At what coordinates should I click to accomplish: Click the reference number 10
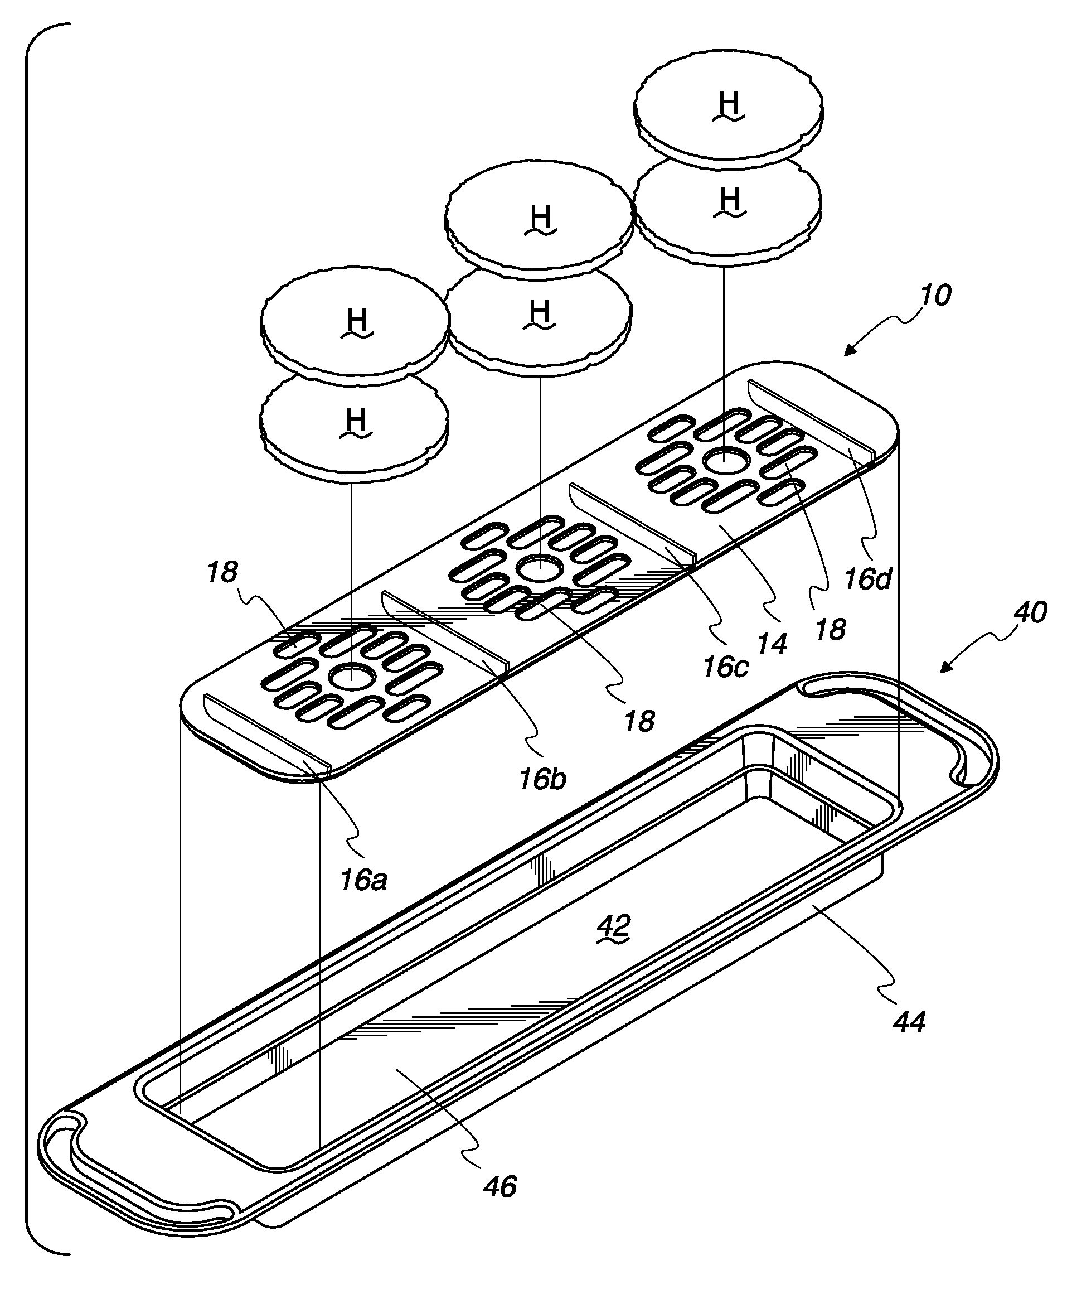[935, 295]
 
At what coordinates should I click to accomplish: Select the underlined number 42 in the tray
[614, 926]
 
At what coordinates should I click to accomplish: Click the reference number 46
[499, 1187]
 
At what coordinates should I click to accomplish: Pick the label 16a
[363, 881]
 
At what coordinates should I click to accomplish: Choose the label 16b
[542, 780]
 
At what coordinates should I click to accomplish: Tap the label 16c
[725, 668]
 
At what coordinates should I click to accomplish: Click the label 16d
[867, 579]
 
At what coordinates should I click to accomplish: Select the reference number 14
[772, 644]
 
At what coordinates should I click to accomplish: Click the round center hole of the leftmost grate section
[352, 676]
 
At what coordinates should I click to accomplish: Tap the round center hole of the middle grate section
[539, 569]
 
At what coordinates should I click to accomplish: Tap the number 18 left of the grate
[222, 572]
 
